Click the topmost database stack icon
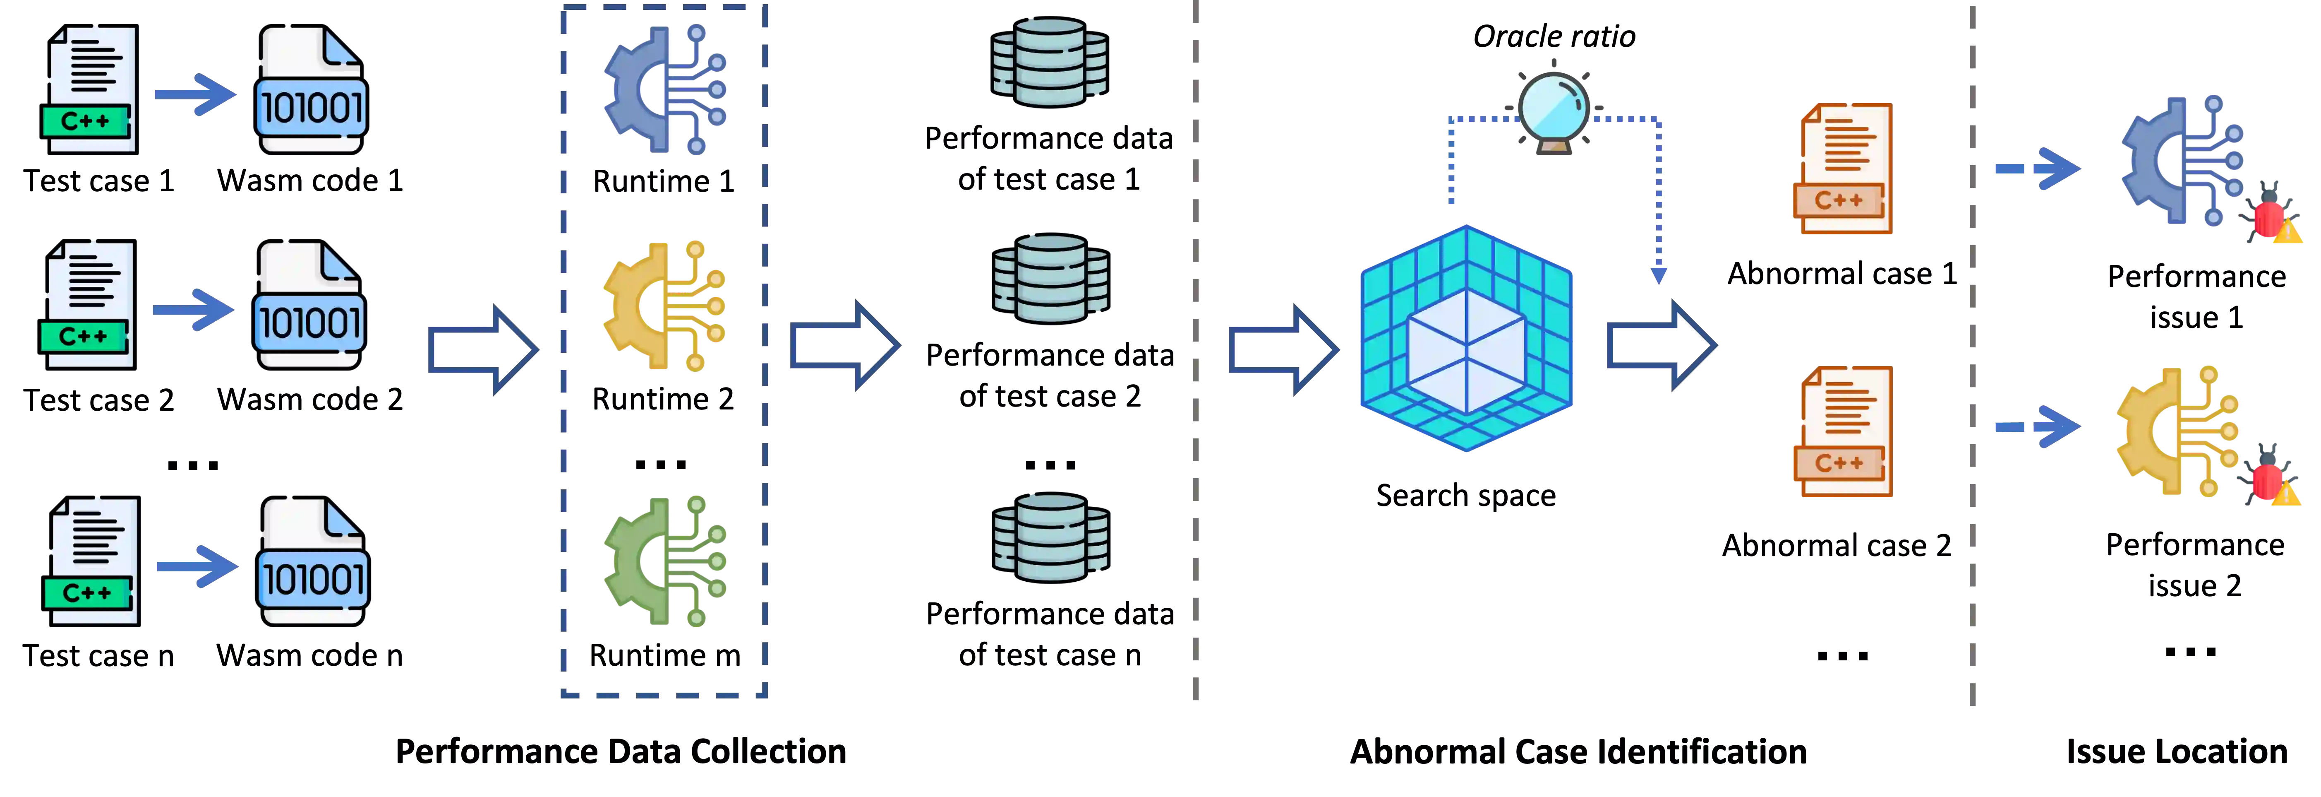click(x=1050, y=61)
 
